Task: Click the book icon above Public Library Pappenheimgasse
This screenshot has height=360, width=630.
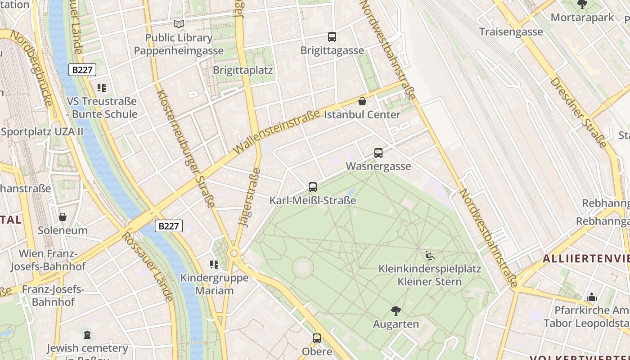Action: [179, 24]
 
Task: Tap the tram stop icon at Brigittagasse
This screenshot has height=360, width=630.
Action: [332, 37]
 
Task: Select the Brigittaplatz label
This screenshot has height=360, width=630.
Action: [243, 70]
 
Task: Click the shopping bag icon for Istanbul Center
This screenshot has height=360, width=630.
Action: [362, 101]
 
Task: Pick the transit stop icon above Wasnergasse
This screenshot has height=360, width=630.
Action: [378, 153]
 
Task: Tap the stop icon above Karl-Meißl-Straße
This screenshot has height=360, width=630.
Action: [313, 187]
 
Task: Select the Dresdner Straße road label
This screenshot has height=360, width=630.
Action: [578, 112]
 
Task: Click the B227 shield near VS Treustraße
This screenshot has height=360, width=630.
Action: [82, 70]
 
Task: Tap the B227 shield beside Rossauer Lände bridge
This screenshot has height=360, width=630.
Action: [169, 226]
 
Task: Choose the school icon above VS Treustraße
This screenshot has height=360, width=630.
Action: [102, 87]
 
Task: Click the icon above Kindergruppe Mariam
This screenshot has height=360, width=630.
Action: [214, 265]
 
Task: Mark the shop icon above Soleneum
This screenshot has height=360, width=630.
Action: [63, 217]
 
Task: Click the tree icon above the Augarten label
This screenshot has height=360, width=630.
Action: [396, 310]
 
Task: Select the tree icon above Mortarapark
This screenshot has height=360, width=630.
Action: [582, 5]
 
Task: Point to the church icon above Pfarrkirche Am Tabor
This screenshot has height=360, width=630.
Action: [592, 297]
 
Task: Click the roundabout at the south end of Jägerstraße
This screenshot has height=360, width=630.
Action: [234, 253]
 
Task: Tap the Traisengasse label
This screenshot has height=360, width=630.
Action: [511, 32]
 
